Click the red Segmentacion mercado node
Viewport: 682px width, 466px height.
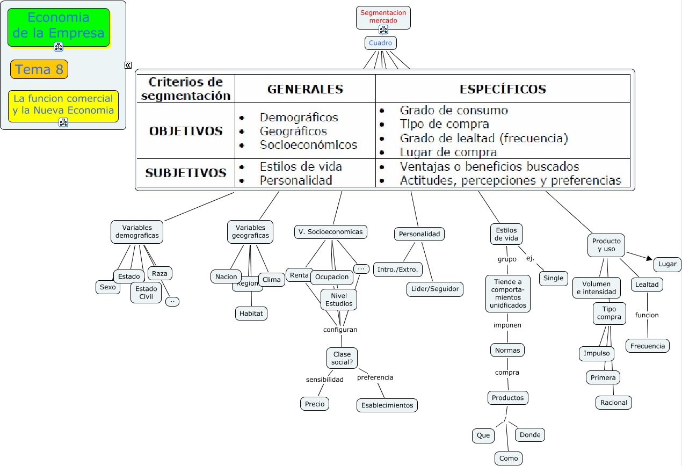click(x=383, y=17)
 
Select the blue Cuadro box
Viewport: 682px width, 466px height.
click(x=380, y=43)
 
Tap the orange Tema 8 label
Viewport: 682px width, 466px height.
click(x=39, y=69)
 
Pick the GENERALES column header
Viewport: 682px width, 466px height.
click(x=305, y=89)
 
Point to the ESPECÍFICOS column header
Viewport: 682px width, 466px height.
click(x=503, y=89)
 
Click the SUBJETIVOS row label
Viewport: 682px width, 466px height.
click(x=186, y=173)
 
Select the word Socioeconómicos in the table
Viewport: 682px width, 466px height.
click(x=308, y=145)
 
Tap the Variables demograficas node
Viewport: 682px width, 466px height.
click(x=137, y=231)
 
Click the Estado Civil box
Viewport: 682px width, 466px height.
click(x=146, y=293)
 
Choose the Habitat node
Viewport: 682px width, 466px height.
click(x=251, y=313)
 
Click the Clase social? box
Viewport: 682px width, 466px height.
click(x=342, y=358)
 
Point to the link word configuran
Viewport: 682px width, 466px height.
click(x=340, y=330)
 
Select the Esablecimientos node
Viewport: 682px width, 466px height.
click(x=387, y=405)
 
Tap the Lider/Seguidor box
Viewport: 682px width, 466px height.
click(x=434, y=289)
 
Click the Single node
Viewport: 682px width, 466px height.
click(x=553, y=278)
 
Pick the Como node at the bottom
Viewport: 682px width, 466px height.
click(x=508, y=458)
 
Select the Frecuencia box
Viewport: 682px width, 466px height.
click(x=647, y=346)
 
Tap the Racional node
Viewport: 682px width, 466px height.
click(x=613, y=402)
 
